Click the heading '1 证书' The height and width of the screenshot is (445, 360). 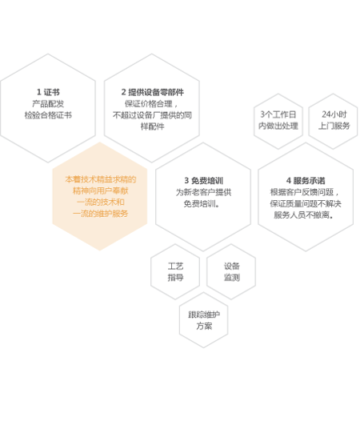(x=48, y=92)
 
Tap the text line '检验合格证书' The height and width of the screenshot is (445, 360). (x=48, y=115)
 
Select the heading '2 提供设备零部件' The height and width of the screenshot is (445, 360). (x=152, y=92)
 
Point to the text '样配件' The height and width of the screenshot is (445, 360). (x=152, y=126)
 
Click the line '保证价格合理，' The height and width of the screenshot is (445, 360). (x=152, y=104)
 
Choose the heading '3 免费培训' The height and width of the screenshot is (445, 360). (x=203, y=181)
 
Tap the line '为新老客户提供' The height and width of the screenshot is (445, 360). (x=203, y=192)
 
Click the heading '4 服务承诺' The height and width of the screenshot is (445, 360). (x=306, y=181)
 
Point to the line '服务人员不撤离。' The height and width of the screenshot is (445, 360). (x=304, y=215)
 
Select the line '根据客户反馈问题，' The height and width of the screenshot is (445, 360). (x=305, y=192)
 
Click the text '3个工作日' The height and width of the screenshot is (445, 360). (x=278, y=114)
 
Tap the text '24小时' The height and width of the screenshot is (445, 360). (x=334, y=114)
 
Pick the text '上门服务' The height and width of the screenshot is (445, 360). (x=334, y=126)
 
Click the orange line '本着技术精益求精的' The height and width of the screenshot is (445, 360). (x=101, y=179)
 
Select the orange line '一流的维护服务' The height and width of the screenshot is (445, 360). (x=101, y=214)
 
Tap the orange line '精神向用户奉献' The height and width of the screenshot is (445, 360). (x=101, y=190)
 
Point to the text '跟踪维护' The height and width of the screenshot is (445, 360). (x=204, y=315)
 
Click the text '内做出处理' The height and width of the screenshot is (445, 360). (x=278, y=126)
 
